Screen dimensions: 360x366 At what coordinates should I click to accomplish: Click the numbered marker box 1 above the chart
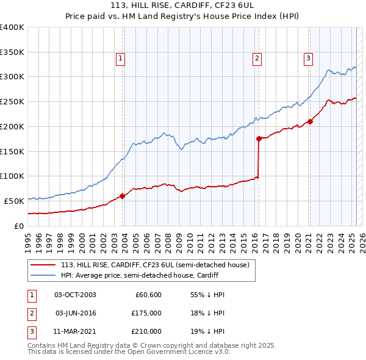click(x=121, y=59)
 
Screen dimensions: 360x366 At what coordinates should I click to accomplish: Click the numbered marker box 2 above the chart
click(x=257, y=59)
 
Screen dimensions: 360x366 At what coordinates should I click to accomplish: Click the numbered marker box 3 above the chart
click(x=309, y=59)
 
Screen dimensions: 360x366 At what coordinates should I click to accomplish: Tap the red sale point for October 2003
click(x=122, y=196)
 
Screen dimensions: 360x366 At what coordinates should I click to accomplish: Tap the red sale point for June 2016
click(x=259, y=139)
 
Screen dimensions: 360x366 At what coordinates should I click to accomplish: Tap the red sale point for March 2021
click(x=310, y=121)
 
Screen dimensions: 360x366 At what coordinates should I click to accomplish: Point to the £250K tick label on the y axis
click(x=12, y=102)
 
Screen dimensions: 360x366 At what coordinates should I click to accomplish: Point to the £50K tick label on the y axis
click(x=15, y=201)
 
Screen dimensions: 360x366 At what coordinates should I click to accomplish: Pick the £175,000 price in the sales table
click(x=146, y=313)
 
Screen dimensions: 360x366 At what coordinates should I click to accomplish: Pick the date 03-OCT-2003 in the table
click(x=75, y=295)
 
